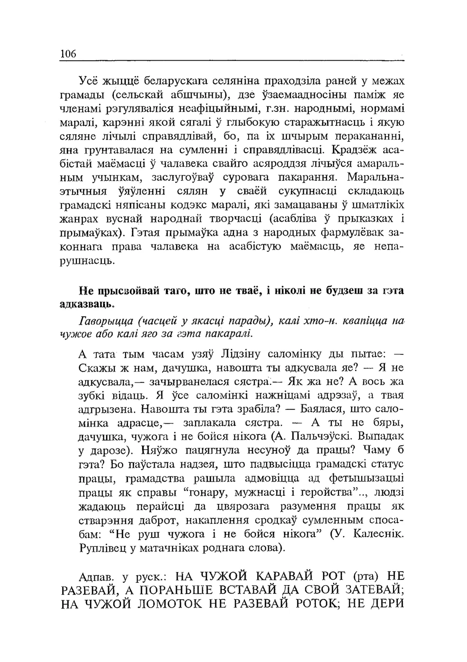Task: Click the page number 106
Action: tap(68, 53)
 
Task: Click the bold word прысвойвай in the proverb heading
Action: tap(126, 291)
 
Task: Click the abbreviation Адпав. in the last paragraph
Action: tap(96, 577)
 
